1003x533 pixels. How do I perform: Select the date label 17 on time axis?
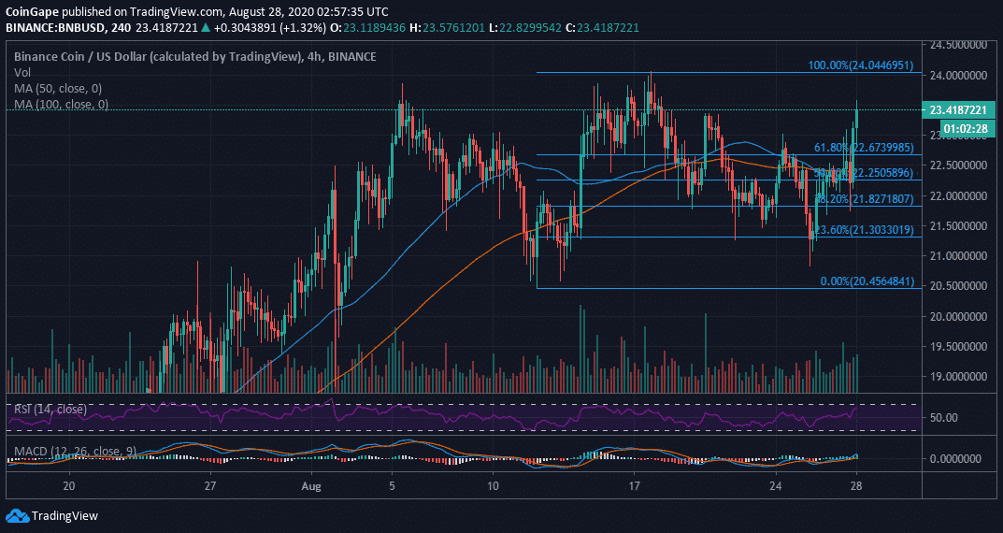coord(634,486)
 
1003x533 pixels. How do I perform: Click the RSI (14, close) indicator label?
coord(48,409)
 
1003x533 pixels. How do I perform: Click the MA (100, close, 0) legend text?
coord(62,105)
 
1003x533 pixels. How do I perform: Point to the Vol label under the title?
coord(22,72)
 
